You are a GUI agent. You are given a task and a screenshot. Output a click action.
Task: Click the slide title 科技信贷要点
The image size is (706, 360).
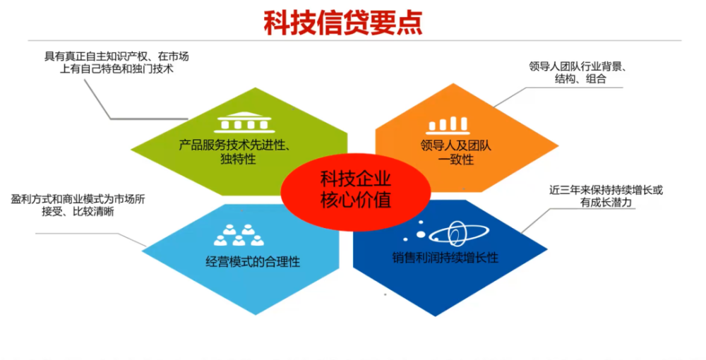343,23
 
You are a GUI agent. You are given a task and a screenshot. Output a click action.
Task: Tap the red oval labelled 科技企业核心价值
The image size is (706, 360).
356,191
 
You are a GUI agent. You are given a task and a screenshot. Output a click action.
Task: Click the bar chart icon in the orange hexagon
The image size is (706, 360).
448,125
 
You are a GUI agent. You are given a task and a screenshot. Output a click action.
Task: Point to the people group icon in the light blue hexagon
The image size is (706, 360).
239,235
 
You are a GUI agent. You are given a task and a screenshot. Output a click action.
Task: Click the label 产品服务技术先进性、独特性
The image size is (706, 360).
234,152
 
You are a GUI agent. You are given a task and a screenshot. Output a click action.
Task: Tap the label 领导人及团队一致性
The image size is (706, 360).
455,152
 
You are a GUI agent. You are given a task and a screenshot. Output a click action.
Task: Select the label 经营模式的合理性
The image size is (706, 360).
253,261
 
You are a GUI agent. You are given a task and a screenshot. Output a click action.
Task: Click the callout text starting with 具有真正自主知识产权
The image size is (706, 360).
116,63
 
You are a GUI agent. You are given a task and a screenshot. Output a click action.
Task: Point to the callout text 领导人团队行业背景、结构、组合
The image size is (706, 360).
578,73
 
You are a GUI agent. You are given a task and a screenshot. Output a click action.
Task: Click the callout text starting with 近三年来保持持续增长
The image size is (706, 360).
606,196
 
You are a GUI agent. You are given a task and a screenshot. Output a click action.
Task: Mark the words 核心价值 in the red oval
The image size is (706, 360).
356,200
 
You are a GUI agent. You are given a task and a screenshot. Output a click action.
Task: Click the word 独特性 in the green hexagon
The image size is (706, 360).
238,160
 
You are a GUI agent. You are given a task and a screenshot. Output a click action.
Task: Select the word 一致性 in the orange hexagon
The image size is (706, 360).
455,160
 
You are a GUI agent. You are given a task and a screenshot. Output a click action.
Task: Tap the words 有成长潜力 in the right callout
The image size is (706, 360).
606,203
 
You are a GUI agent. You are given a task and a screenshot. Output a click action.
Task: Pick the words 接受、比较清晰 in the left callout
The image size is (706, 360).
78,212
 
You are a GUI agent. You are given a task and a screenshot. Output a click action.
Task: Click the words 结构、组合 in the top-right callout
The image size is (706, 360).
581,79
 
